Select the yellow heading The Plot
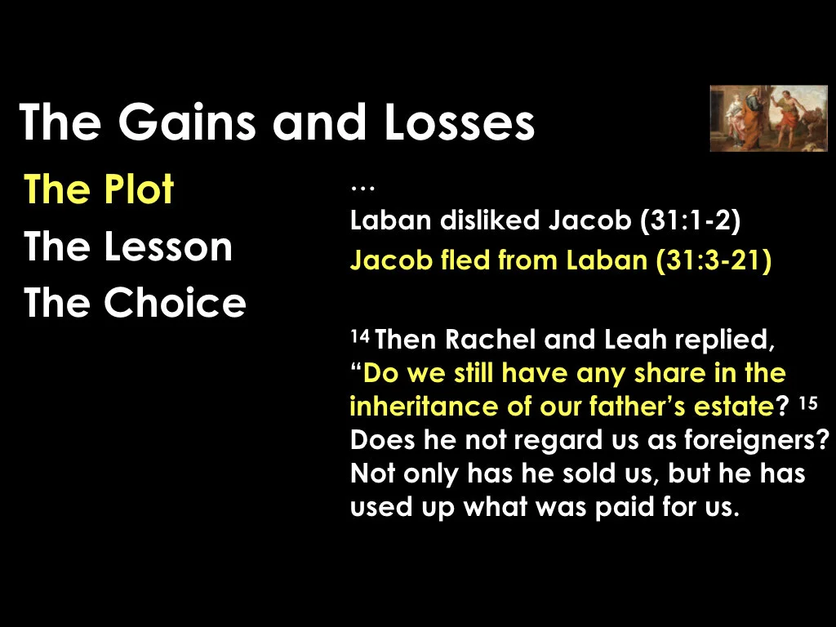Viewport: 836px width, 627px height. [99, 190]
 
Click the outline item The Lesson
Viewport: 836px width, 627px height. [128, 247]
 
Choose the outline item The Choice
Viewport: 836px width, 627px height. [135, 303]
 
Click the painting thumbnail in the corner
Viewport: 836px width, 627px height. [768, 118]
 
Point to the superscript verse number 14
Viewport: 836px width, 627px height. [359, 336]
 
